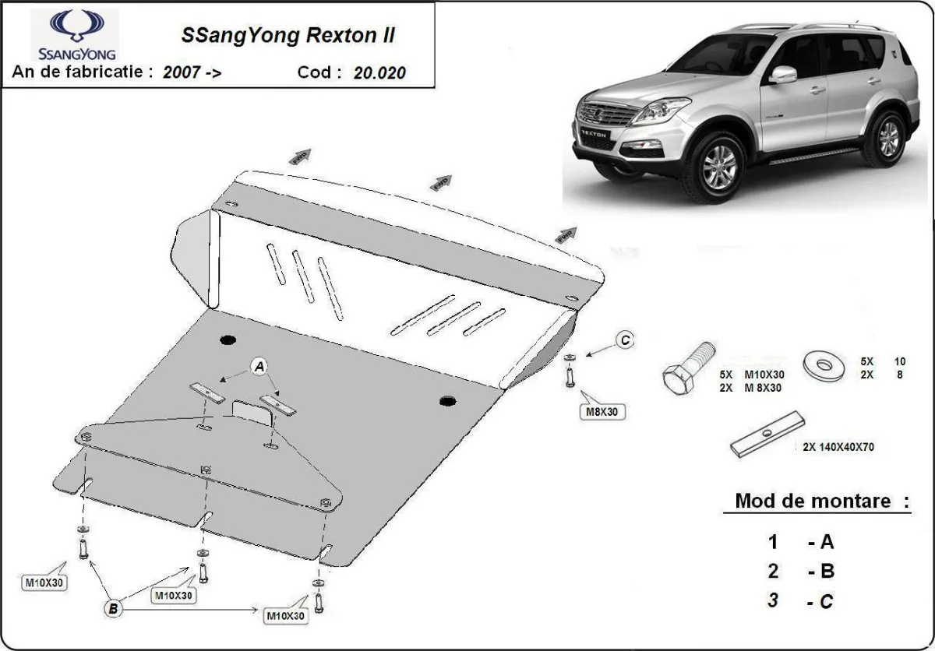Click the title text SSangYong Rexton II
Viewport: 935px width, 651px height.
coord(288,36)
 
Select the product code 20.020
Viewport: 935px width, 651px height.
coord(379,73)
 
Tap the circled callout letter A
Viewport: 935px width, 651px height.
coord(259,366)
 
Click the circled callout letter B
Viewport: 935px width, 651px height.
coord(114,609)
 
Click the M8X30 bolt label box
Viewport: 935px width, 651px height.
coord(602,412)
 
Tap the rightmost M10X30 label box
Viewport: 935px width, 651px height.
coord(285,616)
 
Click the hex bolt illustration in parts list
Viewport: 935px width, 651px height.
coord(686,370)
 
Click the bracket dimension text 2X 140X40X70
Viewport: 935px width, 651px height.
coord(838,447)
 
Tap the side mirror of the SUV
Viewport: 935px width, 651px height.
coord(783,75)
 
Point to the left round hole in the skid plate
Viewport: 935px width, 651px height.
coord(228,340)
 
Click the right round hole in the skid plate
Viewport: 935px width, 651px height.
coord(447,402)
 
